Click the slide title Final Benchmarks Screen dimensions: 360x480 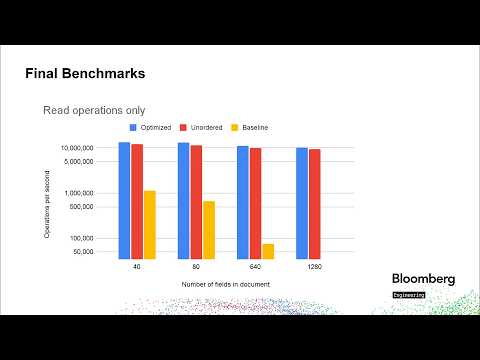[x=84, y=74]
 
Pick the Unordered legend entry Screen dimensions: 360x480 [x=203, y=128]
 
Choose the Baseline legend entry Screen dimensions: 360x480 [x=255, y=128]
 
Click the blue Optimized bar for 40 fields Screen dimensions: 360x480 [x=124, y=200]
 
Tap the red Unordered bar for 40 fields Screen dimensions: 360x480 [x=137, y=201]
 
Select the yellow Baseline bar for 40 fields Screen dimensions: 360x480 [x=149, y=224]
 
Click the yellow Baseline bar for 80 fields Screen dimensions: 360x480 [x=209, y=229]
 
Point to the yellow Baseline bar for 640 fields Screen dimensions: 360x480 [x=268, y=250]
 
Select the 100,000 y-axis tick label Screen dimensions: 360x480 [x=80, y=238]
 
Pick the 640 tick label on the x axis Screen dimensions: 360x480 [x=255, y=267]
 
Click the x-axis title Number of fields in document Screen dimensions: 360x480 [x=225, y=284]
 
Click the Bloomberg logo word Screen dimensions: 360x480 [x=422, y=279]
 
